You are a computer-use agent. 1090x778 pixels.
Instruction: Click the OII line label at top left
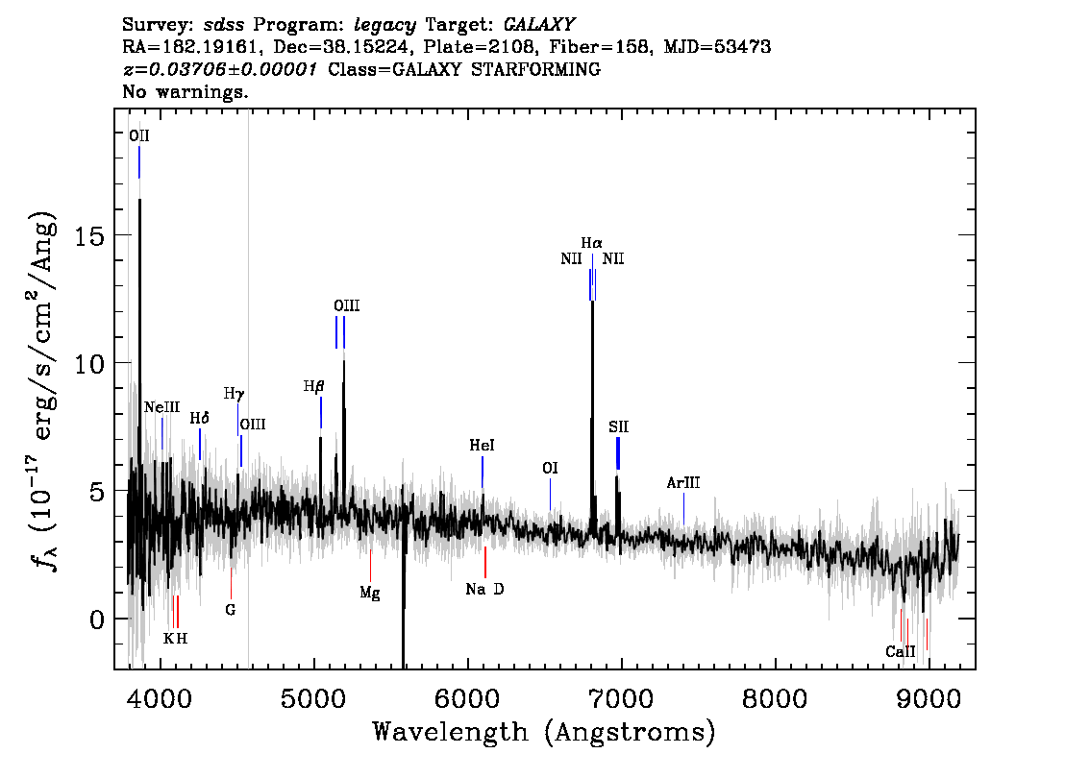[139, 135]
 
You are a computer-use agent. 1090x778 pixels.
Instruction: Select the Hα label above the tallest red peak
[591, 243]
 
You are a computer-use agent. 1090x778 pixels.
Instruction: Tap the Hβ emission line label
[314, 386]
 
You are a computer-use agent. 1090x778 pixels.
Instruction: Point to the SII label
[619, 426]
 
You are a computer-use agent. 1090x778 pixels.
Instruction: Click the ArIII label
[683, 483]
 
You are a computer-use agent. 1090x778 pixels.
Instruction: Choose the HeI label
[482, 446]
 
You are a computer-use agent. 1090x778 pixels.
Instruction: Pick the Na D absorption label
[485, 589]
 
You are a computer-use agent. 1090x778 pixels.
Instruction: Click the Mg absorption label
[370, 594]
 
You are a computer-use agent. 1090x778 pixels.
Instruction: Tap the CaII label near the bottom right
[901, 651]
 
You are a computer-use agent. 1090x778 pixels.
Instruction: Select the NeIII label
[162, 407]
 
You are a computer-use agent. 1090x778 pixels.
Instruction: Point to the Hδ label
[200, 418]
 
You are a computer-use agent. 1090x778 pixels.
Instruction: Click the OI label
[550, 468]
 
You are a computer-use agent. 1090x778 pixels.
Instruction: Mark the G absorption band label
[231, 610]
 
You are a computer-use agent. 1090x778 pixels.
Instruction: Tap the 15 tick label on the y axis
[89, 236]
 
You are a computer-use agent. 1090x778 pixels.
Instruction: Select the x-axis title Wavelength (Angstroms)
[544, 732]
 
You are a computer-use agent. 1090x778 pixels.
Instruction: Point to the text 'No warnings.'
[186, 91]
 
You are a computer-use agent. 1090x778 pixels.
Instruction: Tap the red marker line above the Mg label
[370, 566]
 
